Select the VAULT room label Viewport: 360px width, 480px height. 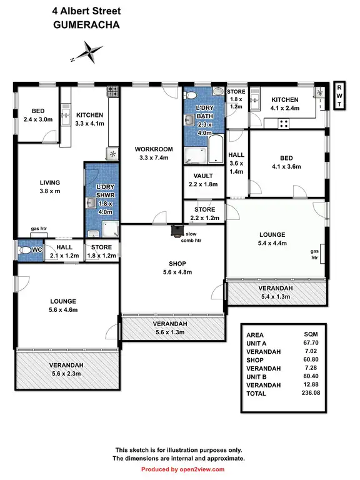[x=204, y=180]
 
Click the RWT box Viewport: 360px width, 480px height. [x=339, y=96]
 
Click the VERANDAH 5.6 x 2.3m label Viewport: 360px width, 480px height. [x=68, y=369]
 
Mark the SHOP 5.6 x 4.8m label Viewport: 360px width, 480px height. [x=172, y=267]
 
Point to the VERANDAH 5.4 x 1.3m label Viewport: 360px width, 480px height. [x=276, y=292]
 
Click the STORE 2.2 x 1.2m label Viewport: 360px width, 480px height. [x=204, y=214]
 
